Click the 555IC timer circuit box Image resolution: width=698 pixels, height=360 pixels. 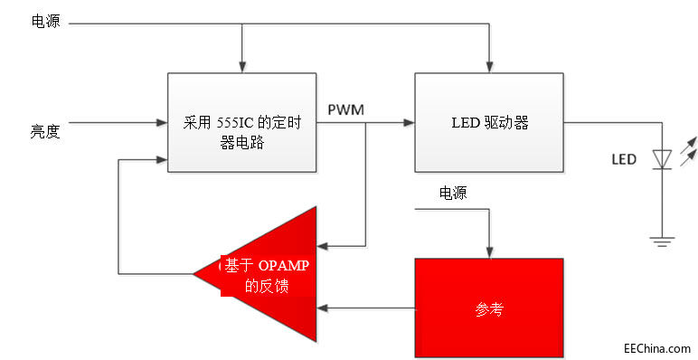point(242,122)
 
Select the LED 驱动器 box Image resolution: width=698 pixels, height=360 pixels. point(488,122)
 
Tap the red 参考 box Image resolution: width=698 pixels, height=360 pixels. point(488,308)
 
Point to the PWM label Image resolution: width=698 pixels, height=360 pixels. point(346,110)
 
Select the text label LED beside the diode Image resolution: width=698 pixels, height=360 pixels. point(624,159)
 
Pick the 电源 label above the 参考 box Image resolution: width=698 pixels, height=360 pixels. point(453,193)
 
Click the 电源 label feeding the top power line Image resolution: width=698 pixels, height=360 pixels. point(45,22)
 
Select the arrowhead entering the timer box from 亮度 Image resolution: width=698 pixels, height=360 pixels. point(163,122)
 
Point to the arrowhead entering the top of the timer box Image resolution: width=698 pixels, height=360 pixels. point(242,67)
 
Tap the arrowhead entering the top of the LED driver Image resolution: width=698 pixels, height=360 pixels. point(488,67)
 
